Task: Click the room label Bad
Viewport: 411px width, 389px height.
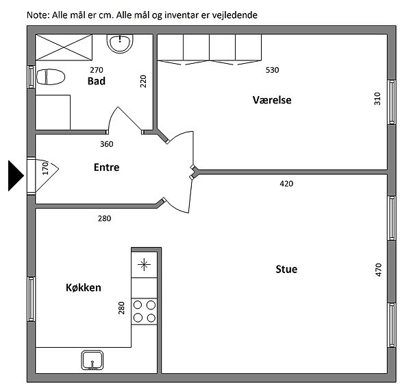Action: (x=97, y=81)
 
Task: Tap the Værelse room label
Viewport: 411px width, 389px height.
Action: (x=272, y=100)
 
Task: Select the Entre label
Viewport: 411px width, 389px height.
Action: (x=106, y=167)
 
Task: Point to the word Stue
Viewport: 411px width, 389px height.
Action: (x=286, y=270)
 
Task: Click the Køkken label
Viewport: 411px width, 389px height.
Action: (x=84, y=287)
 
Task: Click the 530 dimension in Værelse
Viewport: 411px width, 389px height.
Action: (x=273, y=70)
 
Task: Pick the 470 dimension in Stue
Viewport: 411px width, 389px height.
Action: (x=379, y=270)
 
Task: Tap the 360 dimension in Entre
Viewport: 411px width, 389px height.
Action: (x=107, y=144)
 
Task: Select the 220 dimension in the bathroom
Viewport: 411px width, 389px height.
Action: (x=143, y=82)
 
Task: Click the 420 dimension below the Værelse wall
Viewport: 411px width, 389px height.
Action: (x=286, y=184)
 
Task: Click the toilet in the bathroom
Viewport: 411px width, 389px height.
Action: (x=51, y=77)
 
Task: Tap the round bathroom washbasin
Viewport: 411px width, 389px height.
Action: (x=120, y=43)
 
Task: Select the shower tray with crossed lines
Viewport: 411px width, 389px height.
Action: (x=64, y=47)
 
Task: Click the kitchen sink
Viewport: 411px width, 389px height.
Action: (x=92, y=360)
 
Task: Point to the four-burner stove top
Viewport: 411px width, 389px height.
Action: (x=144, y=311)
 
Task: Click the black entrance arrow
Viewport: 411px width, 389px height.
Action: (x=16, y=176)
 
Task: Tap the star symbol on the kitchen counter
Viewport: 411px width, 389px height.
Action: (x=144, y=265)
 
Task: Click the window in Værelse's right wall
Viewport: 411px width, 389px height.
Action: (x=392, y=102)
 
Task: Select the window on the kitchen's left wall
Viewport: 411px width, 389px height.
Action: (x=32, y=299)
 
